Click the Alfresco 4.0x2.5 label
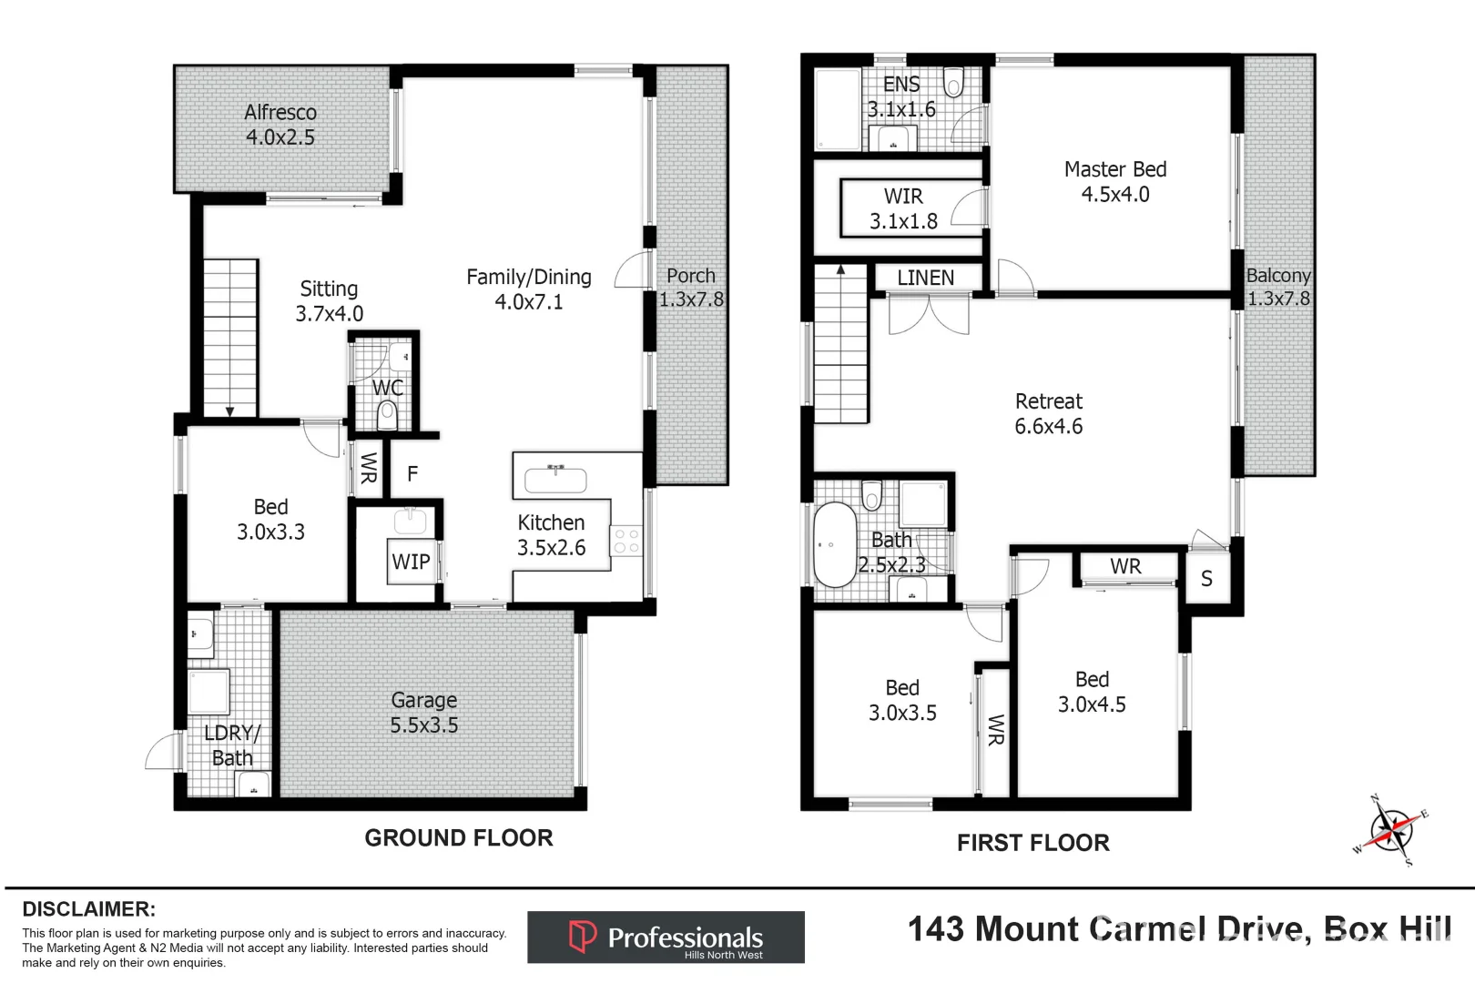pos(280,125)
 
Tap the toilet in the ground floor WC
pos(388,416)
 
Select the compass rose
pos(1390,829)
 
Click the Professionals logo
pos(666,937)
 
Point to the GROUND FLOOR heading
pos(459,838)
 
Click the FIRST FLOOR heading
pos(1032,843)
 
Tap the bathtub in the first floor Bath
pos(834,544)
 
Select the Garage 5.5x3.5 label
pos(424,713)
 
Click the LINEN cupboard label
pos(925,278)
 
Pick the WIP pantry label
pos(411,562)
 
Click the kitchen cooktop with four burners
pos(626,541)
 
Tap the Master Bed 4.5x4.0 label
pos(1114,181)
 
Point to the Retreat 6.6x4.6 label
pos(1048,413)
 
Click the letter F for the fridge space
pos(412,473)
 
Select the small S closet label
pos(1206,579)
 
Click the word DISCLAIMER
pos(88,908)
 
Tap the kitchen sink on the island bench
pos(555,478)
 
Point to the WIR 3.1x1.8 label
pos(903,208)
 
